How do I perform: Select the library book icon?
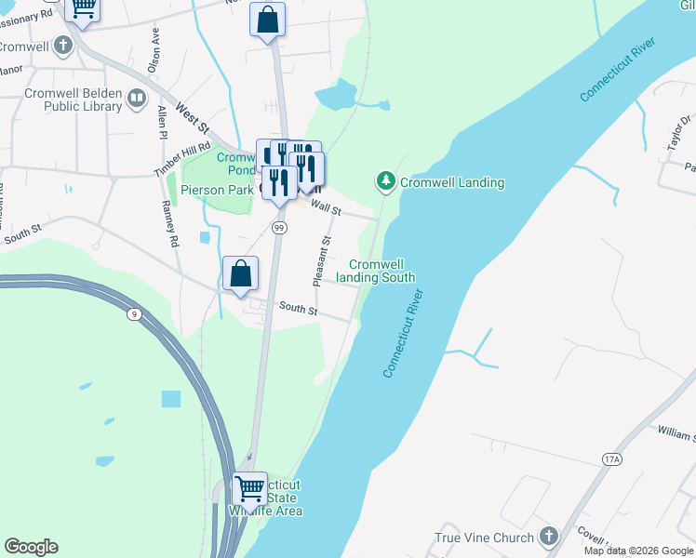click(x=138, y=99)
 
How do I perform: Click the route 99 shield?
click(x=278, y=227)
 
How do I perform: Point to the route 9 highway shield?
click(x=135, y=315)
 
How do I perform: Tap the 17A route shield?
click(x=611, y=459)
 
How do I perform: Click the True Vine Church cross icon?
click(x=549, y=538)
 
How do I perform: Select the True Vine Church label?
click(x=485, y=538)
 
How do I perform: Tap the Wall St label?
click(x=326, y=207)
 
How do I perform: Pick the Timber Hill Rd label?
click(x=182, y=161)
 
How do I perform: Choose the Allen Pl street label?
click(x=162, y=122)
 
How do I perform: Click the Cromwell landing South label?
click(x=375, y=271)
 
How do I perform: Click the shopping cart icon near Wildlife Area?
click(x=249, y=488)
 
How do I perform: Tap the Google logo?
click(x=31, y=547)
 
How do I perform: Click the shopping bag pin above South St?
click(x=240, y=274)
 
